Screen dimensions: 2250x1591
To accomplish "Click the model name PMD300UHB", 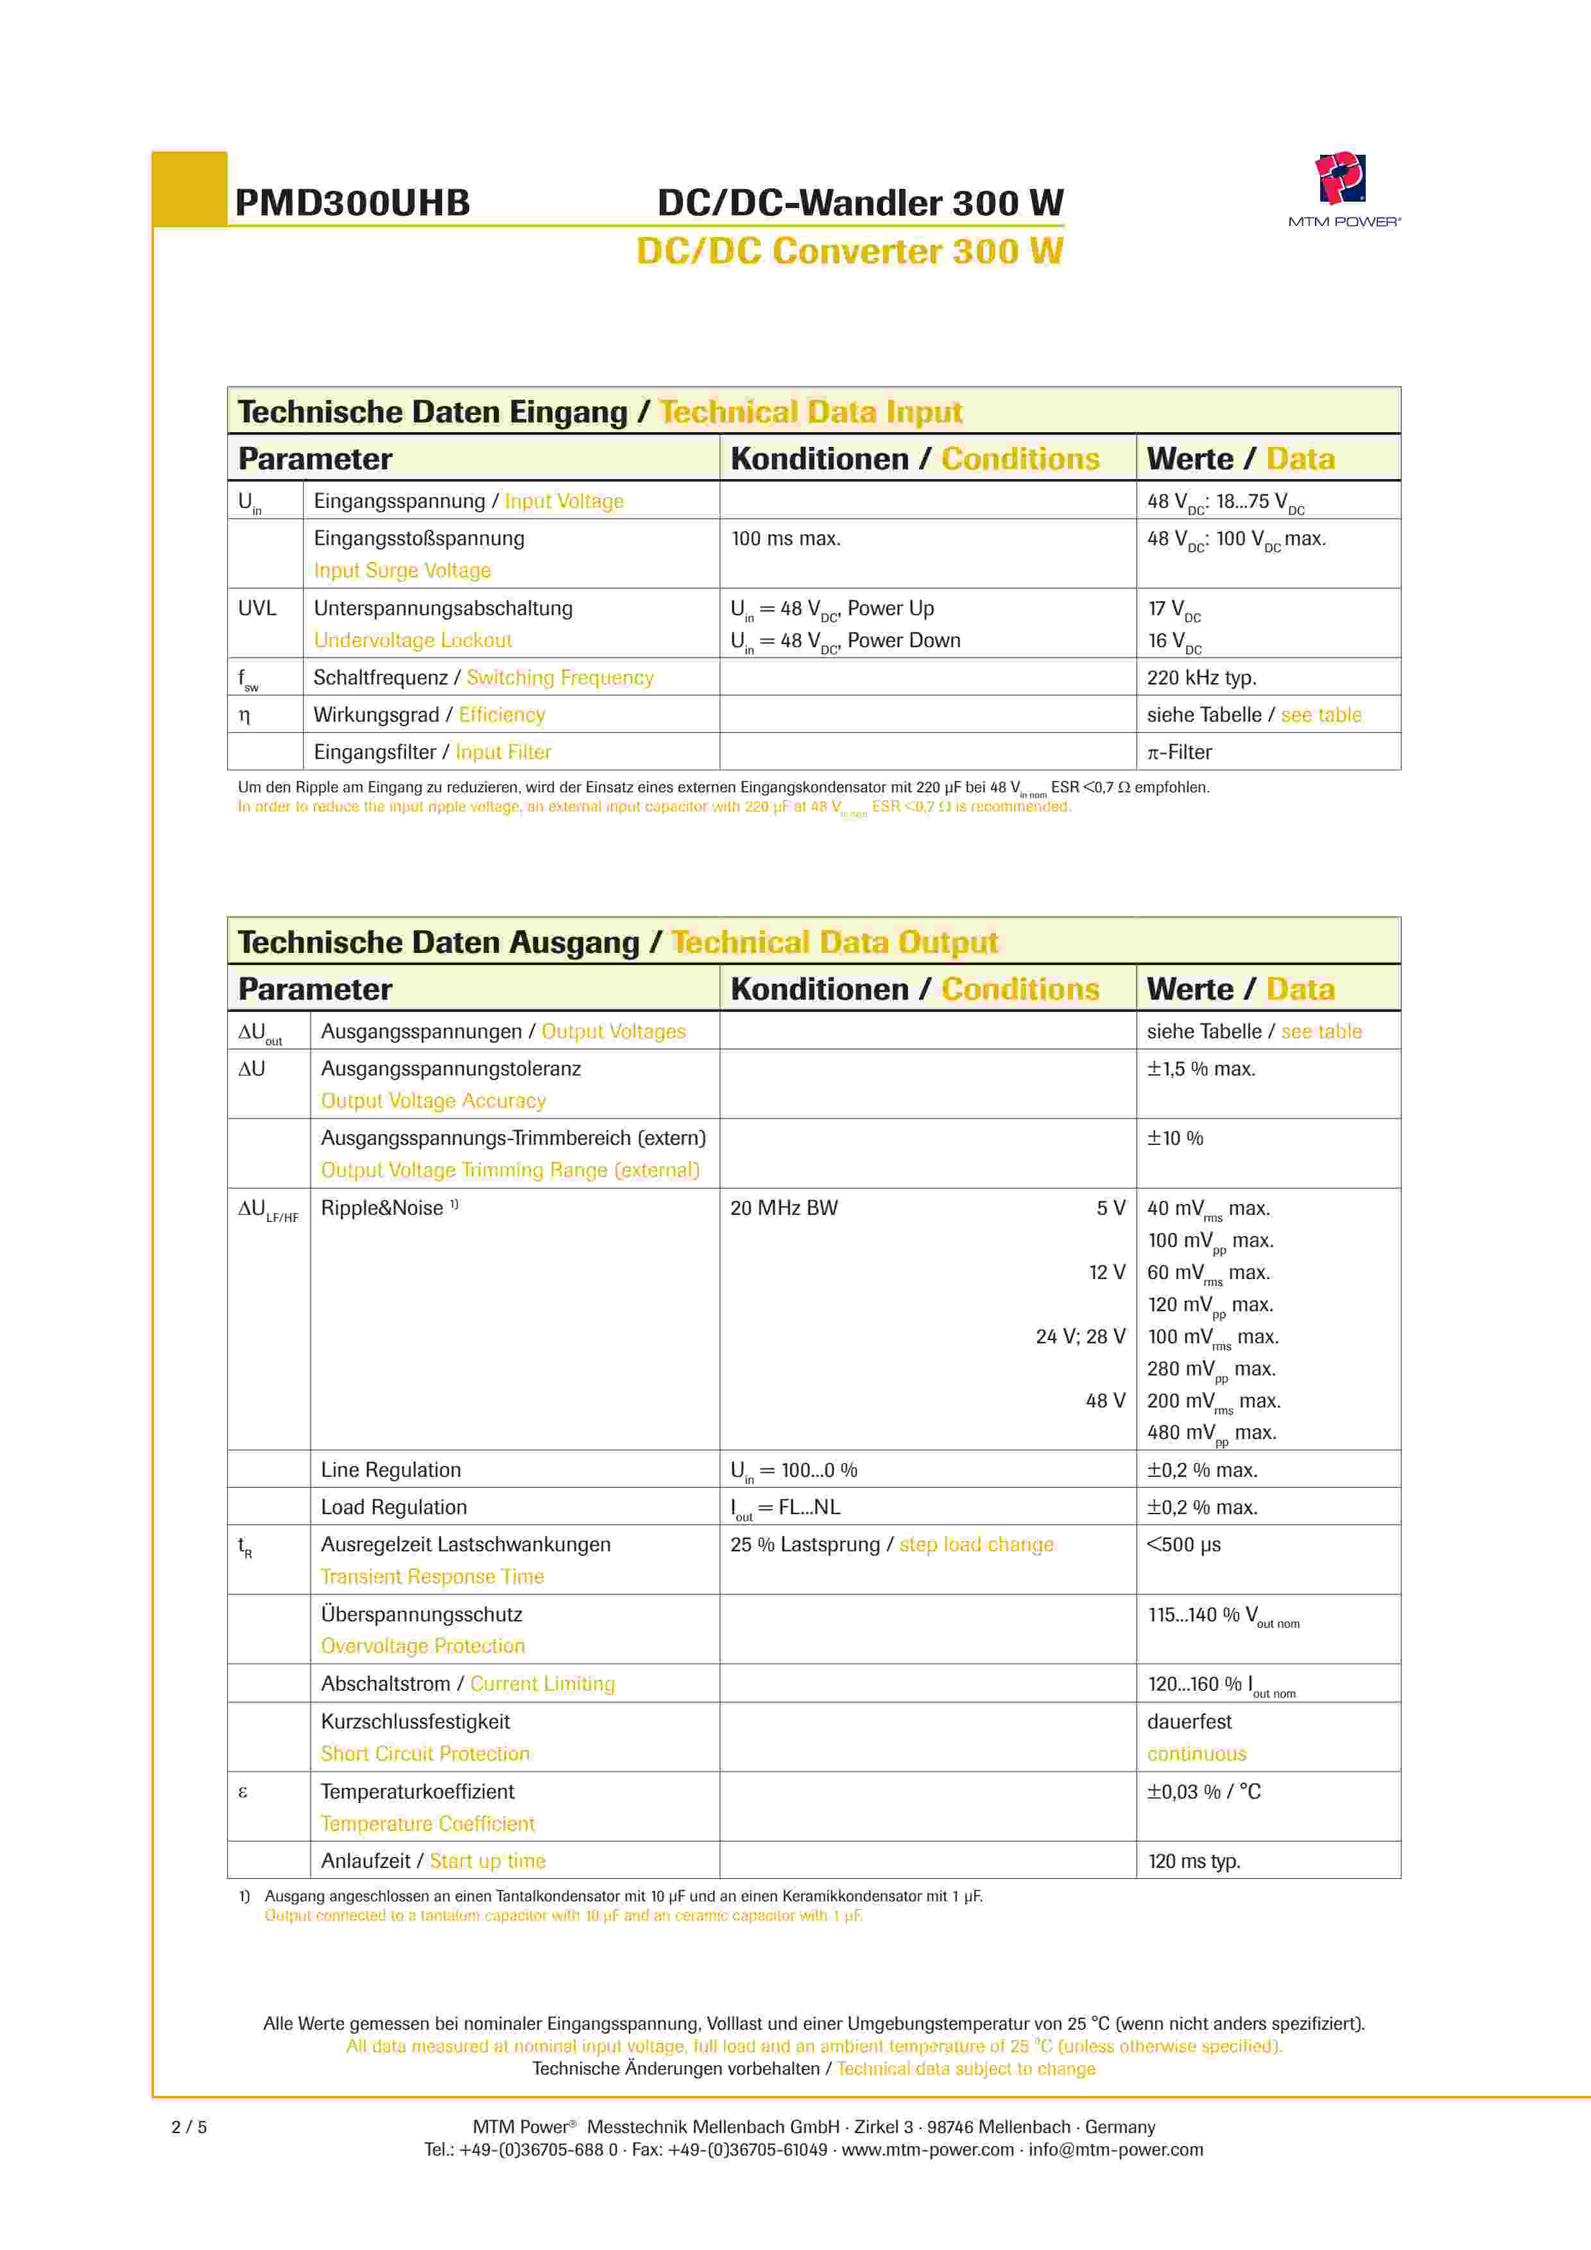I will pyautogui.click(x=353, y=203).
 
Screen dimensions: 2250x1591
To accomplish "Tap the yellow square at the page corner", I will pyautogui.click(x=190, y=188).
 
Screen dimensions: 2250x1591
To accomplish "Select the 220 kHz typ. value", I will pyautogui.click(x=1201, y=677).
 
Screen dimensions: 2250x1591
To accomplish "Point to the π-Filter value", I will pyautogui.click(x=1180, y=752).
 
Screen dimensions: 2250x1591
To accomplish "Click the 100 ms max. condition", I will pyautogui.click(x=786, y=538).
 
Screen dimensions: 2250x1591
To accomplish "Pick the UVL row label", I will pyautogui.click(x=257, y=607).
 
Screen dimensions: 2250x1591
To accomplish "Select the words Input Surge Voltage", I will pyautogui.click(x=402, y=570).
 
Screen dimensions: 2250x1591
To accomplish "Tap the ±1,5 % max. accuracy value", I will pyautogui.click(x=1201, y=1068).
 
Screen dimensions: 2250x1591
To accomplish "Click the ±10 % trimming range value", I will pyautogui.click(x=1174, y=1138).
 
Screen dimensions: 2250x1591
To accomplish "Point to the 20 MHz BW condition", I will pyautogui.click(x=784, y=1207).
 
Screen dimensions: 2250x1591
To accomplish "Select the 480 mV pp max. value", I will pyautogui.click(x=1211, y=1433).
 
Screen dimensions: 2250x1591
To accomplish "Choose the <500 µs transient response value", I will pyautogui.click(x=1183, y=1544).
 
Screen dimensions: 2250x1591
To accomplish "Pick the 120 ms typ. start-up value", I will pyautogui.click(x=1193, y=1861).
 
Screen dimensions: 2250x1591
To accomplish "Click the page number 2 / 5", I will pyautogui.click(x=189, y=2127).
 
